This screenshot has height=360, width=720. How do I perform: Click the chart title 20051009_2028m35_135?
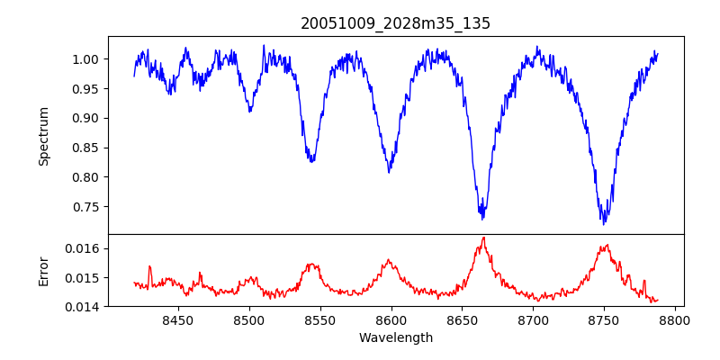(395, 23)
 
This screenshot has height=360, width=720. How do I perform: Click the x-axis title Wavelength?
(395, 337)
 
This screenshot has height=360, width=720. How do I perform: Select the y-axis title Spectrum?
(43, 135)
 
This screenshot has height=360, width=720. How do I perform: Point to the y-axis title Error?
(43, 270)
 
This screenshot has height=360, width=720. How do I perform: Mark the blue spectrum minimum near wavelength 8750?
(605, 223)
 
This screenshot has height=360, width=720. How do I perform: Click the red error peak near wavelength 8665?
(483, 238)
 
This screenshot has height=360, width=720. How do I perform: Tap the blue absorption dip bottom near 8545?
(311, 161)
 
